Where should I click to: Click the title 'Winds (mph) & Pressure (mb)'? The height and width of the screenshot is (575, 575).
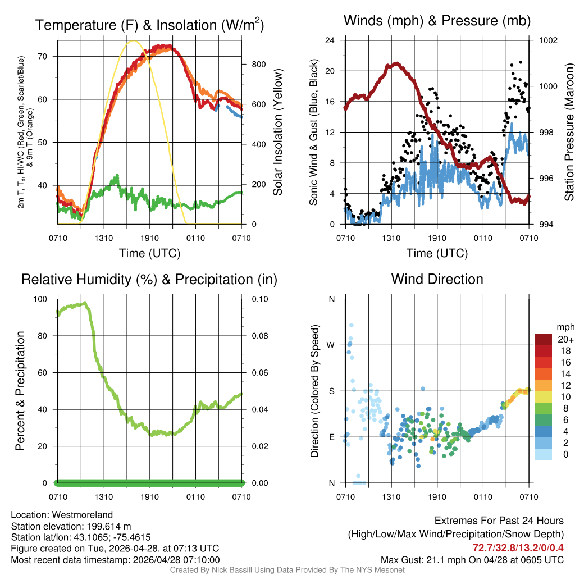pos(437,21)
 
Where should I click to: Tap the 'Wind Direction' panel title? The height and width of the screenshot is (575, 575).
pos(437,279)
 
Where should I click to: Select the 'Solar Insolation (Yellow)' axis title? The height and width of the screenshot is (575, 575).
pos(278,132)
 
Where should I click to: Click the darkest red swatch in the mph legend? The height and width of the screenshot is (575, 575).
pos(544,339)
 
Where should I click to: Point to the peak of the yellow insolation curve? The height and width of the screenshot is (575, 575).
pos(132,40)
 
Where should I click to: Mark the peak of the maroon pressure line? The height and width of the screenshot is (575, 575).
pos(397,63)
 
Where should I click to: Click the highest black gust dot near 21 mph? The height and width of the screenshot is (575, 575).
pos(521,62)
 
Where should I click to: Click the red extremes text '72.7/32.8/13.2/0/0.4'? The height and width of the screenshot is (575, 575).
pos(517,547)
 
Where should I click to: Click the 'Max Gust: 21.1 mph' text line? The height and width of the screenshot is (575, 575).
pos(472,559)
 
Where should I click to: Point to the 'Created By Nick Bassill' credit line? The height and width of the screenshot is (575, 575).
pos(287,570)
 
